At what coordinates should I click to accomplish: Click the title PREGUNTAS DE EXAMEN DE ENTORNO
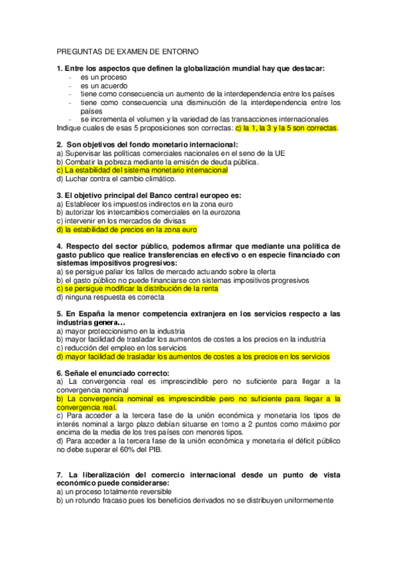tap(127, 51)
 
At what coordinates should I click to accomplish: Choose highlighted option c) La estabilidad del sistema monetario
tap(142, 170)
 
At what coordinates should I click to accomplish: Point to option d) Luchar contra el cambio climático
tap(116, 179)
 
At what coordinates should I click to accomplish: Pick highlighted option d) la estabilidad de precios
tap(127, 230)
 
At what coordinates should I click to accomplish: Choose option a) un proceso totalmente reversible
tap(114, 492)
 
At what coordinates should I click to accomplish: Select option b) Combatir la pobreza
tap(158, 161)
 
